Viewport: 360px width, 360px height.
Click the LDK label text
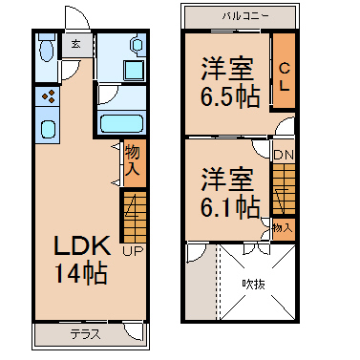point(82,245)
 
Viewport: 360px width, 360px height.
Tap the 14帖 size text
point(81,273)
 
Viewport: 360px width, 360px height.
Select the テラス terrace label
point(85,334)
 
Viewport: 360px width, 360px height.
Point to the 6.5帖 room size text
point(230,96)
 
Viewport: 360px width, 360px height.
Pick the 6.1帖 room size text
point(230,207)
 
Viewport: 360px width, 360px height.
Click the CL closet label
point(285,76)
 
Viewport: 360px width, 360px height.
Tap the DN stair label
point(284,155)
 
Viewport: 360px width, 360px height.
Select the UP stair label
point(134,251)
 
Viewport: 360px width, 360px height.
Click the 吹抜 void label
point(253,284)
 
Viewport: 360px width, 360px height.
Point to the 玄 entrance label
point(75,44)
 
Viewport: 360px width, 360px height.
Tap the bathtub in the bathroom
point(121,124)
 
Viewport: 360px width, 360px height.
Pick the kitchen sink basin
point(48,129)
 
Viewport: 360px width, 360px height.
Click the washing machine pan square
point(134,71)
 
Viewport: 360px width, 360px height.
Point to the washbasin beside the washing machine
point(138,46)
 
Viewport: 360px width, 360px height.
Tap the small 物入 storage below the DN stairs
point(283,227)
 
